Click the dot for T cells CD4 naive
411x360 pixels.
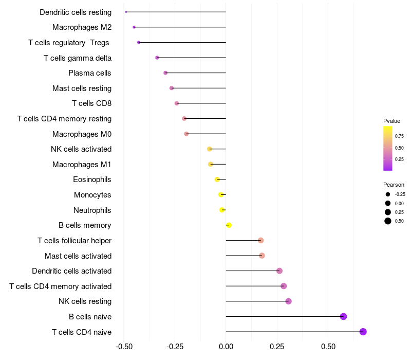363,332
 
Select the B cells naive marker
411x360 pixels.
344,316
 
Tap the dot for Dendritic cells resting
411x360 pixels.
126,12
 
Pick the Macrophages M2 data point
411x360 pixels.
134,27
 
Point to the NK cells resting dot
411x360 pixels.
288,301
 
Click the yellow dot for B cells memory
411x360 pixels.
229,225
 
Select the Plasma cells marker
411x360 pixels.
165,73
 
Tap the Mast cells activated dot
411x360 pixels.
262,256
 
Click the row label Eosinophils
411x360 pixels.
92,179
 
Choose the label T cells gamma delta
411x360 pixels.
78,58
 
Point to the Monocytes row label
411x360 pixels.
92,195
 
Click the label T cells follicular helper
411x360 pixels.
74,241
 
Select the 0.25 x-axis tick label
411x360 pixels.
277,348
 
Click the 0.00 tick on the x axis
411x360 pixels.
226,348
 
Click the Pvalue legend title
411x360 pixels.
391,121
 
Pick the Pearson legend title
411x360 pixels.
394,185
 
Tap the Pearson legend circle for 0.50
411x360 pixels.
388,221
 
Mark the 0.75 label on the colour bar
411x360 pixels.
399,136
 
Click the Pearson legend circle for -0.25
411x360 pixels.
388,194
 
